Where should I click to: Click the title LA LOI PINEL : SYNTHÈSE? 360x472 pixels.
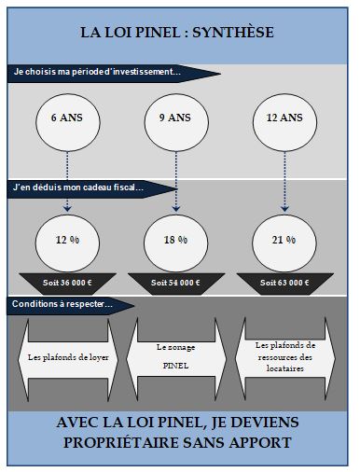pyautogui.click(x=177, y=33)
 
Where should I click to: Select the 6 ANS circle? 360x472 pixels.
pyautogui.click(x=66, y=121)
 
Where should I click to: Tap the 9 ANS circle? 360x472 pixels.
pyautogui.click(x=175, y=121)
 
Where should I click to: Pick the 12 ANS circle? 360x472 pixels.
pyautogui.click(x=284, y=121)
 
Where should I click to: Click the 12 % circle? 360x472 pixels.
pyautogui.click(x=66, y=241)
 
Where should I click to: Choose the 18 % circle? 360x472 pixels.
pyautogui.click(x=175, y=241)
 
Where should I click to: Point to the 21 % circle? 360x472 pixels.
pyautogui.click(x=284, y=241)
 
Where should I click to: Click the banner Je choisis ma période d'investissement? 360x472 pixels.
pyautogui.click(x=103, y=72)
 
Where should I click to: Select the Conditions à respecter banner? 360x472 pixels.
pyautogui.click(x=65, y=305)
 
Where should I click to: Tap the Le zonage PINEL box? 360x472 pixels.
pyautogui.click(x=176, y=355)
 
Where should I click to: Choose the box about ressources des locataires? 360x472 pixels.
pyautogui.click(x=285, y=356)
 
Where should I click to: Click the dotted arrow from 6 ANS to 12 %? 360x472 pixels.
pyautogui.click(x=66, y=182)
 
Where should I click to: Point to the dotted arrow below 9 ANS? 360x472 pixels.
pyautogui.click(x=175, y=182)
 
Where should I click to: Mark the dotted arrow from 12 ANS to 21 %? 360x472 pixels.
pyautogui.click(x=284, y=182)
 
